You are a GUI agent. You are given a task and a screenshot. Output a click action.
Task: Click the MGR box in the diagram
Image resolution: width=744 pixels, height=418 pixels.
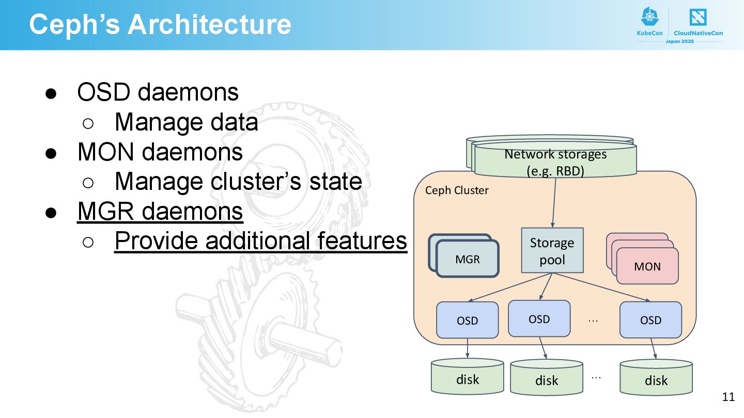tap(468, 259)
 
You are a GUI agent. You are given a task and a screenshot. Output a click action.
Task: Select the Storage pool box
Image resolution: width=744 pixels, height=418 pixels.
tap(552, 250)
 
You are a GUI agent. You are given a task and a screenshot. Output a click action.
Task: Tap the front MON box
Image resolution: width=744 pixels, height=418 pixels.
tap(647, 266)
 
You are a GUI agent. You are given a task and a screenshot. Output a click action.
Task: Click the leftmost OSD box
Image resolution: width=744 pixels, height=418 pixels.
tap(467, 320)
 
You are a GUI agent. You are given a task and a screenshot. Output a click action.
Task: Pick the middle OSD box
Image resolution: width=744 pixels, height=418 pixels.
tap(539, 319)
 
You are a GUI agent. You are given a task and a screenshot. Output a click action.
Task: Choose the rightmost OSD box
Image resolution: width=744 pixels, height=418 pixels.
tap(650, 320)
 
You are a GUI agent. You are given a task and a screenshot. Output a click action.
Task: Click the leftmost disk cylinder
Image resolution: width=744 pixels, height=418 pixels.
tap(467, 377)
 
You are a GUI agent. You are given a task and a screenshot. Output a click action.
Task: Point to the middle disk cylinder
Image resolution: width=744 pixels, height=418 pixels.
tap(547, 378)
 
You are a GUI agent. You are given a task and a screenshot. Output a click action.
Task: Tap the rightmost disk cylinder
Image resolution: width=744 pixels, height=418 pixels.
tap(656, 378)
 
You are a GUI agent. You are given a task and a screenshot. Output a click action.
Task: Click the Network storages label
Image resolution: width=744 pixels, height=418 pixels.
tap(556, 163)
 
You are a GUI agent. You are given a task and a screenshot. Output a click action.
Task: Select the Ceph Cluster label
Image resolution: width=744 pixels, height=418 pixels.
tap(457, 190)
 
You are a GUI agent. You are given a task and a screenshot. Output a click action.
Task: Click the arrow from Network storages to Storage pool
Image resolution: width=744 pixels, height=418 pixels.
tap(554, 203)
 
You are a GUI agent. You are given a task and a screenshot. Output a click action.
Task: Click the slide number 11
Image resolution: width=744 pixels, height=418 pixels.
tap(729, 397)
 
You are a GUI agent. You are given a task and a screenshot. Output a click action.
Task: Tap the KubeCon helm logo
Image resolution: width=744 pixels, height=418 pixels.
tap(649, 17)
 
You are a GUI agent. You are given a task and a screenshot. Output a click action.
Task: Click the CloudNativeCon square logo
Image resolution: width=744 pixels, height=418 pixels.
tap(698, 17)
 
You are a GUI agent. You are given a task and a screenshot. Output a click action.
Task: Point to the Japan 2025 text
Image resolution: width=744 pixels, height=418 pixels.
tap(679, 41)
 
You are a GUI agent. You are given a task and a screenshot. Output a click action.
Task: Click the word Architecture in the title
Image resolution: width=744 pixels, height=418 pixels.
tap(210, 24)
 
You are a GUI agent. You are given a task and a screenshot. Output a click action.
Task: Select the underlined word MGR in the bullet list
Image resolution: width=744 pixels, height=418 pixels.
tap(105, 211)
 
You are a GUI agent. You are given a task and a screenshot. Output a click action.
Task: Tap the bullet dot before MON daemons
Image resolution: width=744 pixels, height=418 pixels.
tap(51, 153)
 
